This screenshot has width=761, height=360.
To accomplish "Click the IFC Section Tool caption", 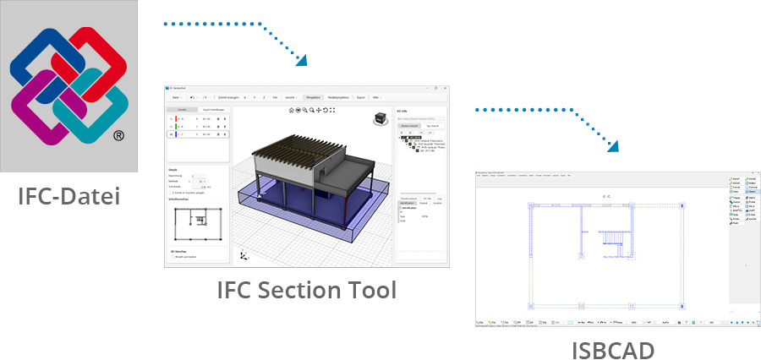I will click(306, 290).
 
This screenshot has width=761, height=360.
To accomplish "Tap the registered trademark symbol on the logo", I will click(119, 135).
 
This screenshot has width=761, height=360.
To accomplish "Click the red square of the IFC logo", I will click(96, 59).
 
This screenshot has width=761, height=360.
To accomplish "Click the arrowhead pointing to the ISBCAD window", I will click(613, 145).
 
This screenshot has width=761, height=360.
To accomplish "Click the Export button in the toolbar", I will click(359, 97).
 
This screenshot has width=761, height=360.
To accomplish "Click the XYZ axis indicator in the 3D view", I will click(244, 254).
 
